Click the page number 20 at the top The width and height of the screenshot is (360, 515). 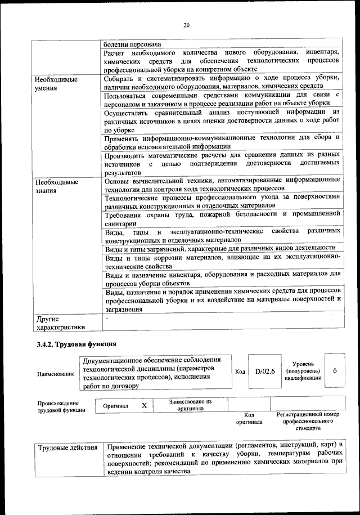186,24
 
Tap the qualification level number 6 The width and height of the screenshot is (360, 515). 335,371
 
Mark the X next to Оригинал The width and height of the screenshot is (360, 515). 144,405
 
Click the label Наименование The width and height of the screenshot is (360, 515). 56,374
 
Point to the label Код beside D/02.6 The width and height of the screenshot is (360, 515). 240,371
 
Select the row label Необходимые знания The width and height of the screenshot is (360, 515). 57,186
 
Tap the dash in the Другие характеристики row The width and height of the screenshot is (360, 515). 106,319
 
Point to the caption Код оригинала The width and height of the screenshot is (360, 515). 249,418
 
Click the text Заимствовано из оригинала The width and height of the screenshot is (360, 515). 190,405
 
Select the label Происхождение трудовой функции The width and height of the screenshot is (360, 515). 58,406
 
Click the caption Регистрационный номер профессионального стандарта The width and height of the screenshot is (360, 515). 308,421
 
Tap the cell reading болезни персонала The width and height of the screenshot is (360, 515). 132,44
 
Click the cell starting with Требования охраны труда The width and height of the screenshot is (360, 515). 222,218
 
